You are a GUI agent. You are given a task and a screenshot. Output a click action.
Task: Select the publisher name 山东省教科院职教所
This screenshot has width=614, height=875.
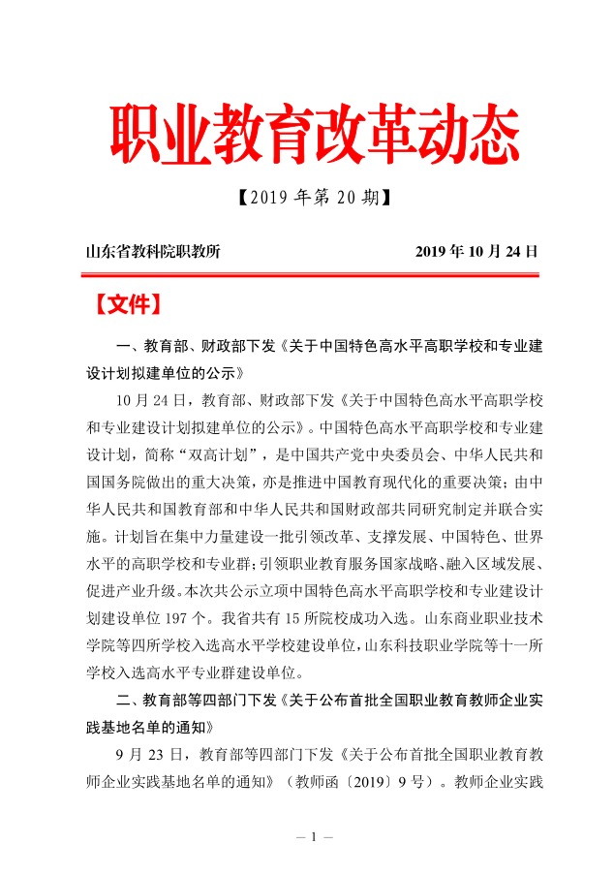click(x=154, y=252)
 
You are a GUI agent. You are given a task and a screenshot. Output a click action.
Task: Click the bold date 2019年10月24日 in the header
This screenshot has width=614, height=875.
click(x=476, y=252)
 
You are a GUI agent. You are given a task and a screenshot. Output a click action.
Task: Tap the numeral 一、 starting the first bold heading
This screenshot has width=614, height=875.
click(x=126, y=346)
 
